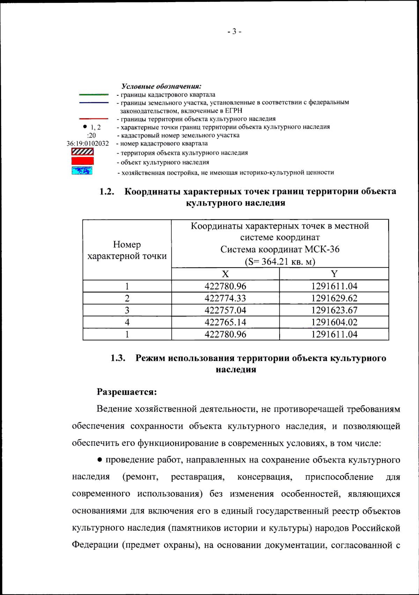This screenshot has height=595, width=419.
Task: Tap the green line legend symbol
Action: pos(94,94)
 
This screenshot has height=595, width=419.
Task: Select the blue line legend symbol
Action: pos(94,103)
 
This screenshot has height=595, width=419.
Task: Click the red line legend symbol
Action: pos(94,119)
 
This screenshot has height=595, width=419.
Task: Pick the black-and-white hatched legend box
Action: pos(82,151)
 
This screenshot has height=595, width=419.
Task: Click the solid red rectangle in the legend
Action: pos(82,161)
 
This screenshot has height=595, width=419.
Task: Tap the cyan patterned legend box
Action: pos(82,171)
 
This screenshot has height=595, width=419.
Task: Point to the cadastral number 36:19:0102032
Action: pos(88,143)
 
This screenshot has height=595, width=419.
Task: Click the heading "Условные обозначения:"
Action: pos(161,86)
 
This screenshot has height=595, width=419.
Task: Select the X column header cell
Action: pos(225,274)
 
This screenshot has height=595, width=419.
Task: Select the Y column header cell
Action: pos(334,274)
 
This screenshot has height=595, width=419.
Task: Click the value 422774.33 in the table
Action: pos(225,298)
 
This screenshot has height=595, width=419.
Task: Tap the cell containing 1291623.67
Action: pos(334,310)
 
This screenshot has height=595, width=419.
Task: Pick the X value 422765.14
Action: pos(225,322)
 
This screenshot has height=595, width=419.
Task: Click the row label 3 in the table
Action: pos(127,310)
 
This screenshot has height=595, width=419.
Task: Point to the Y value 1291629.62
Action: pos(334,298)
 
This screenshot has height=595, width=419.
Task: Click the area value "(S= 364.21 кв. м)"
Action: pos(280,261)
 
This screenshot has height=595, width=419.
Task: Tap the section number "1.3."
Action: pos(118,358)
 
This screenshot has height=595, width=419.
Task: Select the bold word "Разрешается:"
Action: pos(127,392)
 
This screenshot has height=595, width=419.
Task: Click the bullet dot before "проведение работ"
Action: pos(100,460)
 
